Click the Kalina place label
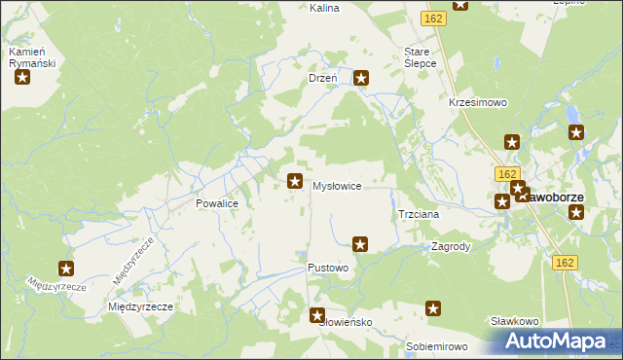tap(296, 8)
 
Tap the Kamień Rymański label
tap(31, 57)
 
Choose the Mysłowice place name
tap(337, 186)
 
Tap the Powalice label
tap(218, 205)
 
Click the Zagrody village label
tap(452, 247)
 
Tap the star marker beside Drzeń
tap(361, 78)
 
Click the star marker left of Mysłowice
tap(294, 180)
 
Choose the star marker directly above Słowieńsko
tap(317, 314)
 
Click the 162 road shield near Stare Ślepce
tap(434, 18)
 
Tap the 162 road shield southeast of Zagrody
tap(565, 263)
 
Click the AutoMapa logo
tap(549, 342)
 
